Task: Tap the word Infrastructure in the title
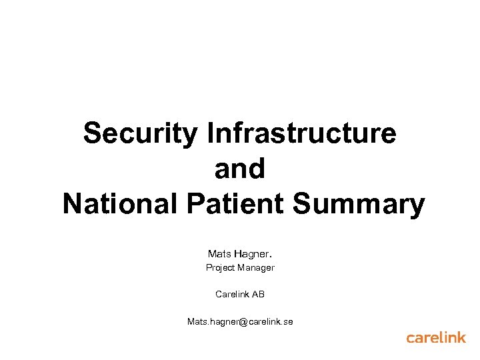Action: [x=302, y=133]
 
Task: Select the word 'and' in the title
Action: [x=240, y=169]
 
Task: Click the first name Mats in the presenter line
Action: [x=219, y=254]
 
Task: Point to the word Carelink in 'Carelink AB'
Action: [x=231, y=293]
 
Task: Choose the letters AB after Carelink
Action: [x=258, y=293]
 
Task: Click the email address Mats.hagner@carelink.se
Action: [x=240, y=322]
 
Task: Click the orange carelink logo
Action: [x=436, y=337]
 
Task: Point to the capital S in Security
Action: [x=93, y=133]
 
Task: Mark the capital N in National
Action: [x=71, y=204]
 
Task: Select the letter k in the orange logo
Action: [x=460, y=337]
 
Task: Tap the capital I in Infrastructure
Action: [x=211, y=133]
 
